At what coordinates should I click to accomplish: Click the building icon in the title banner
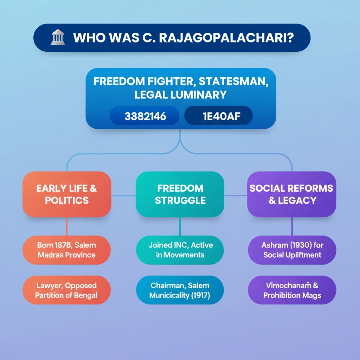58,37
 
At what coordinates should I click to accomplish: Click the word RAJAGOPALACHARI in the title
226,38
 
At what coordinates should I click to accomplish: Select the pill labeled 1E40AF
218,116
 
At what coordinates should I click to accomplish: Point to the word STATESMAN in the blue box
233,82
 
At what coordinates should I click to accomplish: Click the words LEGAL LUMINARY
181,95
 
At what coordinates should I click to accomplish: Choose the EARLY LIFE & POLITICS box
67,194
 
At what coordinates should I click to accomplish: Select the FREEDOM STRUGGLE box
180,194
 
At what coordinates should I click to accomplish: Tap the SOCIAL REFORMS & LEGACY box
291,194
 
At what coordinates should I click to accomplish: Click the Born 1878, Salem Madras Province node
66,250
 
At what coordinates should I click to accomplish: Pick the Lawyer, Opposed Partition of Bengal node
66,290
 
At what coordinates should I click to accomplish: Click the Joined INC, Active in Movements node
180,250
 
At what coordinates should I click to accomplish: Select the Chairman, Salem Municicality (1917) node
180,290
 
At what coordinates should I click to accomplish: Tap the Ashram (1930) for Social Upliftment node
292,250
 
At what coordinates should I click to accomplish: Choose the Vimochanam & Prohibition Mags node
292,290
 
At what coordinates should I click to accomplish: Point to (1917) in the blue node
201,295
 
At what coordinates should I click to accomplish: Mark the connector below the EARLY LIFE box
67,226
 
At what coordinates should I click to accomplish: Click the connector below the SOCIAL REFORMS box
292,226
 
